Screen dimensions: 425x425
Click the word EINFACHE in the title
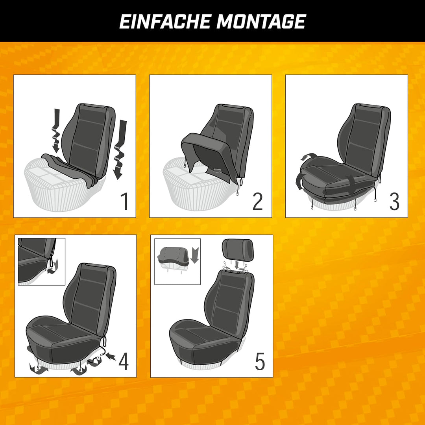tap(165, 21)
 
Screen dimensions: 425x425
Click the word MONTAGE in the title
tap(261, 21)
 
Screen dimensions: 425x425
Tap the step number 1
tap(124, 201)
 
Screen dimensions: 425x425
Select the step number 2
tap(257, 201)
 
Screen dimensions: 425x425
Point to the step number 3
tap(394, 201)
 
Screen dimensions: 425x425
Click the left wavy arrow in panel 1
tap(56, 130)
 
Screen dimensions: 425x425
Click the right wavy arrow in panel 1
tap(120, 150)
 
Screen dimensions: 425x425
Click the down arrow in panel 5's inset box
tap(195, 255)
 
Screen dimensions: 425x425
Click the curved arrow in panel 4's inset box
tap(53, 267)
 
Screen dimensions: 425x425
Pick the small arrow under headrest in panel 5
tap(237, 264)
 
